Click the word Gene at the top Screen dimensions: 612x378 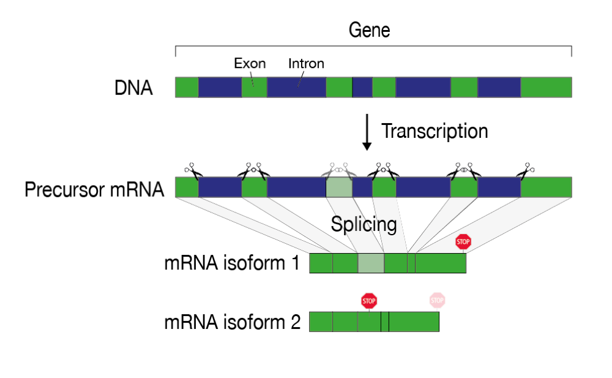point(369,30)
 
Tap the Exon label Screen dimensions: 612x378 point(250,63)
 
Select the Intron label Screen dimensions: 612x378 point(306,63)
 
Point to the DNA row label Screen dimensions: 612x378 point(133,88)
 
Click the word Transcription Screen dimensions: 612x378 point(435,131)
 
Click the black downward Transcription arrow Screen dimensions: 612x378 point(367,132)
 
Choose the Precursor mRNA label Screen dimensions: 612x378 point(94,189)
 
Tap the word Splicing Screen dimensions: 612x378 point(364,225)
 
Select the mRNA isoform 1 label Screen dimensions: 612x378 point(232,263)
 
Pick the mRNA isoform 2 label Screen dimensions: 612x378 point(232,322)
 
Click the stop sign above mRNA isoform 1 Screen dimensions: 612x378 point(463,242)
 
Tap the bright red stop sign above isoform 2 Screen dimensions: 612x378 point(369,301)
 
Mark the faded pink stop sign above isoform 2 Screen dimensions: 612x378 point(437,301)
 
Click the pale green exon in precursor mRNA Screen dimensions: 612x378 point(339,187)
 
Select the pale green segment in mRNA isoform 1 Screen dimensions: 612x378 point(371,263)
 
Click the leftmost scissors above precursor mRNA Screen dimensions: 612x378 point(193,171)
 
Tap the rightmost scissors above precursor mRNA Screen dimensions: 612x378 point(525,171)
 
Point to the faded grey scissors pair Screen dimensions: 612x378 point(338,171)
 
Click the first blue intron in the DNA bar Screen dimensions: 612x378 point(220,87)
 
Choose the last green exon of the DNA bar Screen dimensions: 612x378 point(546,87)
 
